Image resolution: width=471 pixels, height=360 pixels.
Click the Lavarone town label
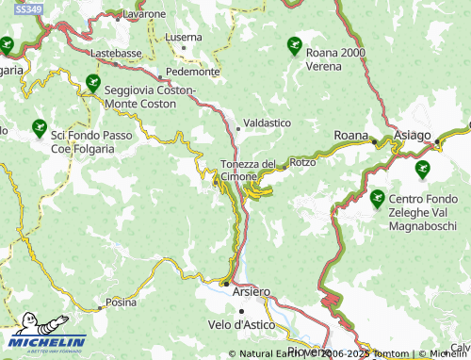143,15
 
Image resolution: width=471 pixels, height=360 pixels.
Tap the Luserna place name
182,37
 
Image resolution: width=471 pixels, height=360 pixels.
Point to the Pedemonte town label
192,72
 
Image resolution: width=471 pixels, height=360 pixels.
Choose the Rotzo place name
303,162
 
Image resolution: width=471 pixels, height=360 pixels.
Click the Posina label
121,303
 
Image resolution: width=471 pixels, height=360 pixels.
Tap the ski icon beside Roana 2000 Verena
294,44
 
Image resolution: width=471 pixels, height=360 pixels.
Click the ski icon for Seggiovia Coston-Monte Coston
92,83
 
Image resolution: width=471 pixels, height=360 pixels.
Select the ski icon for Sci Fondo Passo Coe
39,126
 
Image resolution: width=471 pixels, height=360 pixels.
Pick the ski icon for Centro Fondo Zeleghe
377,198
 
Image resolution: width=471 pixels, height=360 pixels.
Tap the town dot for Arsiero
225,283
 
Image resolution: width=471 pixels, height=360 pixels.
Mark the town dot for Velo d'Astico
242,310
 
